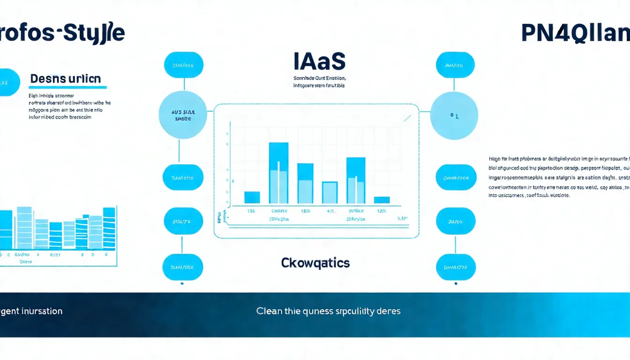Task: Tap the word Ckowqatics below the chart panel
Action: (x=315, y=263)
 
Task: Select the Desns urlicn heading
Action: (x=65, y=79)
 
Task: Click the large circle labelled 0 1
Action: (x=454, y=115)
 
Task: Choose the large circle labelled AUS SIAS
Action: (x=183, y=115)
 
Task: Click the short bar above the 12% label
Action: (x=382, y=200)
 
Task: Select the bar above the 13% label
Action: (x=252, y=197)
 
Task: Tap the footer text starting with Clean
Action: (x=328, y=311)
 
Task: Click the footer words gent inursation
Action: (x=31, y=311)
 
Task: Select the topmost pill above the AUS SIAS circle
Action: (x=183, y=65)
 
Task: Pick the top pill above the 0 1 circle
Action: (x=455, y=65)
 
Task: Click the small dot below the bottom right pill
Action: (x=456, y=283)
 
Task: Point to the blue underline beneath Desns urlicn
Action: (x=68, y=87)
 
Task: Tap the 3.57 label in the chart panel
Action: (x=402, y=218)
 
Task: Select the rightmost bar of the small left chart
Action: (x=109, y=228)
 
